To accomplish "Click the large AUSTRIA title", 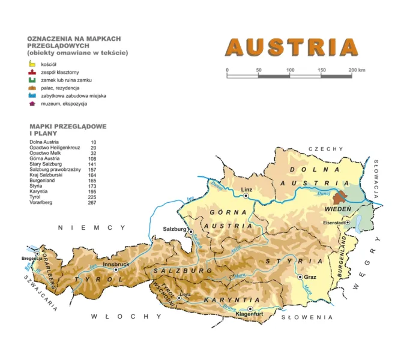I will point(291,48).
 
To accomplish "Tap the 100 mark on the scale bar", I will point(290,70).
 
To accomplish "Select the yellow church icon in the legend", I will point(32,63).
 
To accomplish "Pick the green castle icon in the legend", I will point(32,79).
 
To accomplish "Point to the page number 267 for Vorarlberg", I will point(92,203).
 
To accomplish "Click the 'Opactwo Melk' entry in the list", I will point(46,153).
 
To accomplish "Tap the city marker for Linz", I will point(246,196).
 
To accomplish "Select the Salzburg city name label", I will point(175,229).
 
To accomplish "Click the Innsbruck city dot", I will point(116,269).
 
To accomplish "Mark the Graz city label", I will point(310,278).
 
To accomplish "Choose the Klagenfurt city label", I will point(251,314).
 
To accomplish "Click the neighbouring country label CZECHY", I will point(325,149).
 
